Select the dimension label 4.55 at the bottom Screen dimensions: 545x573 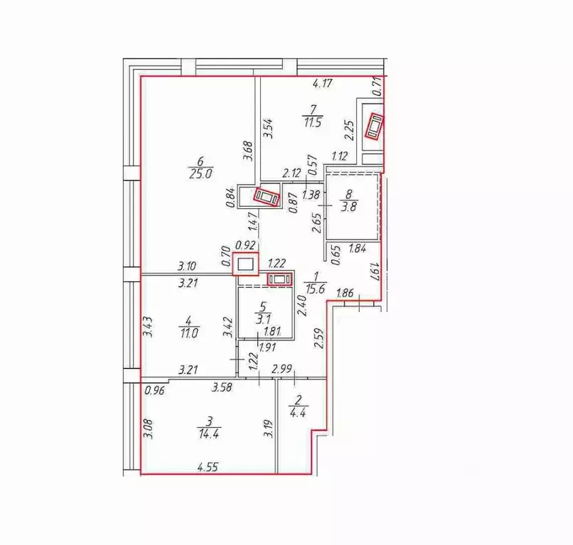pyautogui.click(x=208, y=468)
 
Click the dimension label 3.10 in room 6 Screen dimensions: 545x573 pyautogui.click(x=187, y=267)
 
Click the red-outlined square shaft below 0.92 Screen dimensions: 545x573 pyautogui.click(x=246, y=265)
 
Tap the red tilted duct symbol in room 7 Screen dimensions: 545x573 pyautogui.click(x=374, y=127)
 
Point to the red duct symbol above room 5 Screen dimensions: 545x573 pyautogui.click(x=279, y=279)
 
